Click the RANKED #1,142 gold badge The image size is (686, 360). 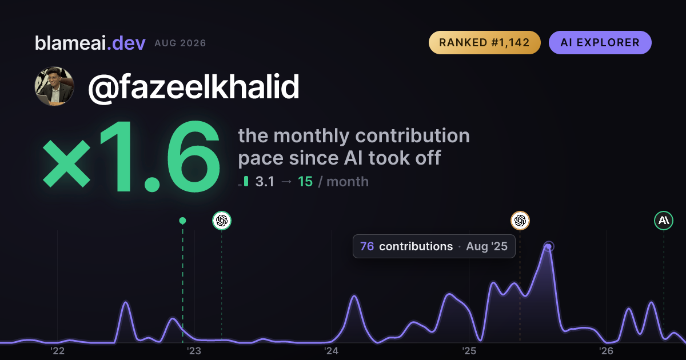(485, 42)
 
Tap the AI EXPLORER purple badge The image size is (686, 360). (600, 42)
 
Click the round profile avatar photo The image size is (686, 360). (54, 86)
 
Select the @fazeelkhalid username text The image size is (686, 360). (194, 87)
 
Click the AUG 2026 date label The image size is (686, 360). (180, 43)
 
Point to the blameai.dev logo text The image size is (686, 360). (90, 43)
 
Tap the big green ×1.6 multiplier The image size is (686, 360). (131, 156)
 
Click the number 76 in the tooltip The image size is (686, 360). (367, 246)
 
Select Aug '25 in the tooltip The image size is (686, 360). (486, 246)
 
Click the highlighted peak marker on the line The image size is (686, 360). (548, 246)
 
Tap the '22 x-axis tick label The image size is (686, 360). (57, 351)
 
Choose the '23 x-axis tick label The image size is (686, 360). (194, 351)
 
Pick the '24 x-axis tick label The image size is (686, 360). (332, 351)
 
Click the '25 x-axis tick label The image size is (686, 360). (469, 351)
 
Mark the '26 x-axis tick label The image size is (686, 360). (606, 351)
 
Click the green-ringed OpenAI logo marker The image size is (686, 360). (222, 221)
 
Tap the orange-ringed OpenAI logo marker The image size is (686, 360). (520, 221)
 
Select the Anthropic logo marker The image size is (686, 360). (664, 221)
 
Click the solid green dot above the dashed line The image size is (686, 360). (182, 221)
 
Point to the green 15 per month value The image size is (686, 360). (305, 182)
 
